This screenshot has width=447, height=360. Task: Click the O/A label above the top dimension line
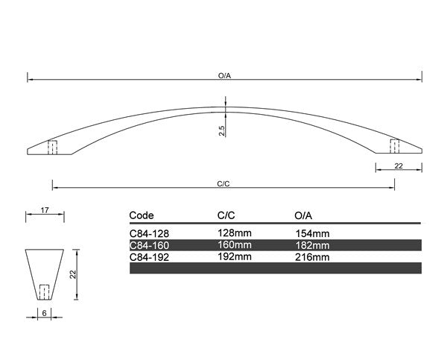(x=224, y=75)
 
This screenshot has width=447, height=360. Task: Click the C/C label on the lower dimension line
(x=223, y=184)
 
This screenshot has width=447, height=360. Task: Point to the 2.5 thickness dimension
(x=222, y=130)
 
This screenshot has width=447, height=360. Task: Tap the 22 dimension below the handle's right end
(x=399, y=165)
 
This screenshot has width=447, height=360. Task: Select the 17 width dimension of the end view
(x=45, y=210)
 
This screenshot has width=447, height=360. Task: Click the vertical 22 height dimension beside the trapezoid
(x=73, y=274)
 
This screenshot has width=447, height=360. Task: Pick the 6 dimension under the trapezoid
(x=44, y=313)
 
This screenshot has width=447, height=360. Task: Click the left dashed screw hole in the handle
(x=52, y=147)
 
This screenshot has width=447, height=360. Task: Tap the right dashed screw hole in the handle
(x=395, y=146)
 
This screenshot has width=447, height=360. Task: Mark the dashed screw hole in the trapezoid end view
(x=44, y=292)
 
